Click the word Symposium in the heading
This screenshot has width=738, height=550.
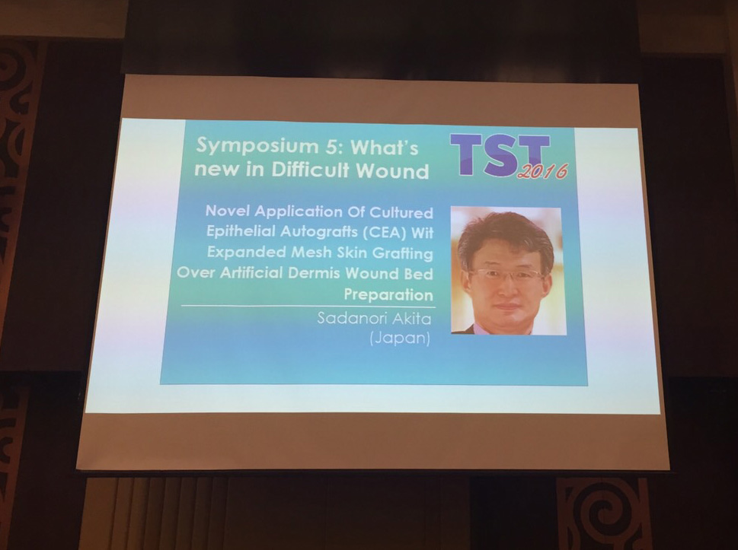coord(253,146)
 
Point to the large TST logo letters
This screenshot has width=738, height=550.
coord(500,154)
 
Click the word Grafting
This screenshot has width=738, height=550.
coord(403,254)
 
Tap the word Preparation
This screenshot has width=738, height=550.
coord(388,294)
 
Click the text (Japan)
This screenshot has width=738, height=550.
coord(400,338)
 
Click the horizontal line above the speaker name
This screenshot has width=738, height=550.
coord(308,307)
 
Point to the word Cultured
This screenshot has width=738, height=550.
coord(401,212)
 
